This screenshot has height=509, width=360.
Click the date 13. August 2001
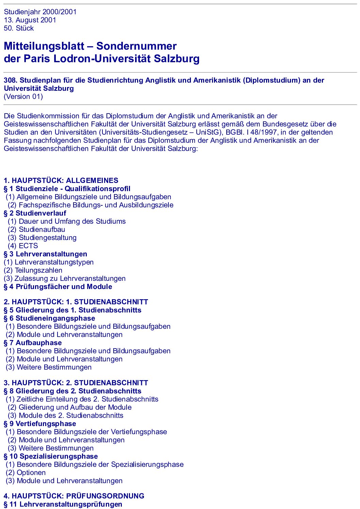tap(30, 20)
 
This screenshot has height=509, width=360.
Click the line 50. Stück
tap(19, 28)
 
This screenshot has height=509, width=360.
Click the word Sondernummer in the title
tap(136, 46)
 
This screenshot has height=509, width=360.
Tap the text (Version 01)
tap(23, 97)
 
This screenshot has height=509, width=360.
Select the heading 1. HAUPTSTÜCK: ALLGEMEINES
tap(61, 181)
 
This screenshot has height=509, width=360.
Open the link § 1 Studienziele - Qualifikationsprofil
tap(67, 189)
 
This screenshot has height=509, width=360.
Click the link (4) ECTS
tap(23, 246)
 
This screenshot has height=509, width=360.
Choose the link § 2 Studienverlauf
tap(35, 213)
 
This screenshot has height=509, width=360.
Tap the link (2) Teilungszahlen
tap(33, 270)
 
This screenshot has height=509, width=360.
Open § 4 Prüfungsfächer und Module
tap(58, 287)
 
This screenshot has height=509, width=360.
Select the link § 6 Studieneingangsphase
tap(49, 318)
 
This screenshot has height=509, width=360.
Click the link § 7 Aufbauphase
tap(33, 343)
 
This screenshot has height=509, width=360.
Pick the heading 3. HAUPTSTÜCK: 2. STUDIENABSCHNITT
tap(76, 383)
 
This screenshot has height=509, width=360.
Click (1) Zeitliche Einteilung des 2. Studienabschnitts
tap(82, 399)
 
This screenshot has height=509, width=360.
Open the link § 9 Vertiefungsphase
tap(40, 424)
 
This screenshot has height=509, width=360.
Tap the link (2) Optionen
tap(26, 473)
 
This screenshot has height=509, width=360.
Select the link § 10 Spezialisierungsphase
tap(51, 456)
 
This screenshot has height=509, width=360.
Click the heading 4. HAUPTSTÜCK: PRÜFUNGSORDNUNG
tap(74, 496)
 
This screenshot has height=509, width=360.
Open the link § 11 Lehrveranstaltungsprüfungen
tap(63, 504)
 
